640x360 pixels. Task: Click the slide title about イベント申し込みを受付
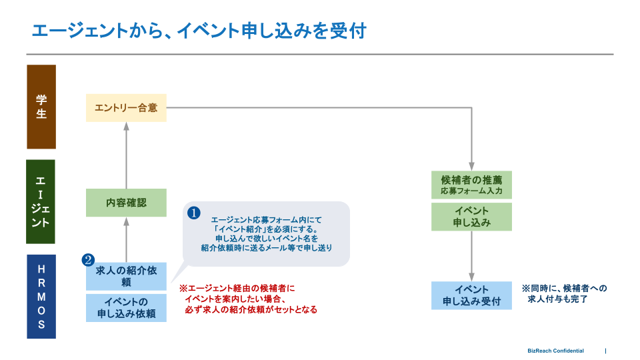click(x=199, y=31)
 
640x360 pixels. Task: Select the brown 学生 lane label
click(x=41, y=107)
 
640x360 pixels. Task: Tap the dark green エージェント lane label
click(x=41, y=201)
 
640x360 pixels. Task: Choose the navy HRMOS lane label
click(x=41, y=297)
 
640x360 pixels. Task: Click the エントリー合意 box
click(x=126, y=107)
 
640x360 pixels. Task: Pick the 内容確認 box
click(x=126, y=203)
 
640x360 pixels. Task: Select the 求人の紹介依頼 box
click(x=126, y=276)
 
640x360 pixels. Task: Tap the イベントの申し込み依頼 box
click(x=126, y=308)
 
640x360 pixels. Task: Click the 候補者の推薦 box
click(x=471, y=185)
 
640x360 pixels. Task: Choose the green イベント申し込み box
click(x=471, y=217)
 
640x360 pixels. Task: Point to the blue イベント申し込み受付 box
click(x=471, y=296)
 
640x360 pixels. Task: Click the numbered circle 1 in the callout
click(x=193, y=213)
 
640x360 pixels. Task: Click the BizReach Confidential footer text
click(x=555, y=351)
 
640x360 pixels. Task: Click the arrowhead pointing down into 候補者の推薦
click(x=471, y=167)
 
